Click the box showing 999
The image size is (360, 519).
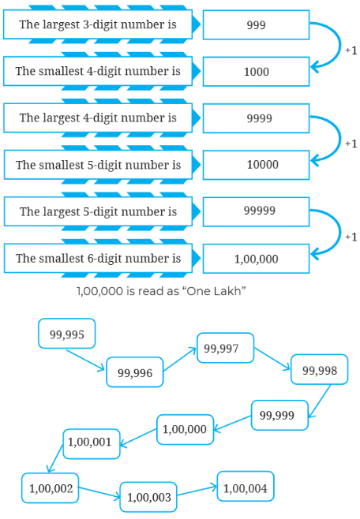coord(256,24)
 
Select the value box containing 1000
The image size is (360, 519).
coord(256,72)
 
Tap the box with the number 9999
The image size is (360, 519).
coord(256,118)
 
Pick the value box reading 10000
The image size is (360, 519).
coord(256,165)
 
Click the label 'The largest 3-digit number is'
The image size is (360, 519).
coord(98,24)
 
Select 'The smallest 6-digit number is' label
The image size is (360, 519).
coord(98,258)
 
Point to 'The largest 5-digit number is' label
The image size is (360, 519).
coord(98,211)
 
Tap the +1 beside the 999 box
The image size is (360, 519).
coord(351,50)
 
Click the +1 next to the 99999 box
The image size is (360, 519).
coord(351,237)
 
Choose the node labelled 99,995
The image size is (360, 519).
coord(67,334)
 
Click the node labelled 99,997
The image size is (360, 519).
coord(226,348)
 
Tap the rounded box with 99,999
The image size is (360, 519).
coord(279,415)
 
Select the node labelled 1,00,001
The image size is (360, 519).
coord(92,444)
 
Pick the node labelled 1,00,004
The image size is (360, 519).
coord(246,486)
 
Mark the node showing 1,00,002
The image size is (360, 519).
coord(51,488)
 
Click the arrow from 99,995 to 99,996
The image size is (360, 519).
coord(85,360)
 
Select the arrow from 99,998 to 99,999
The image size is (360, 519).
coord(320,401)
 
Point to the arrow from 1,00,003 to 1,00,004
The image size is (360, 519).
coord(197,491)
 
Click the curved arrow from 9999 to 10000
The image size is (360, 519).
coord(339,138)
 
